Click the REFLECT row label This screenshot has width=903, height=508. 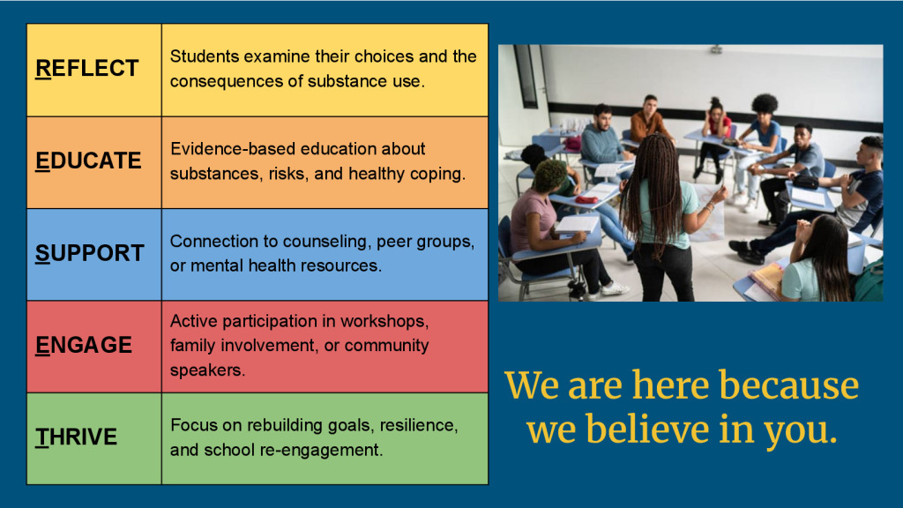(87, 69)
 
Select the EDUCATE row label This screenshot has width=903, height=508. (88, 161)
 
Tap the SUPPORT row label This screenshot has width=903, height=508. (89, 253)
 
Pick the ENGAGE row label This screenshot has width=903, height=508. (84, 345)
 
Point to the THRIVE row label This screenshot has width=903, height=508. (76, 437)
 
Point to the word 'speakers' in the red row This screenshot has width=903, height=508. (205, 370)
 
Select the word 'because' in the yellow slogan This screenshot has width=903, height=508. (788, 385)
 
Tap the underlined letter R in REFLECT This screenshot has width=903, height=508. (43, 69)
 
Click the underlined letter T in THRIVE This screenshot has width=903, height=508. (42, 437)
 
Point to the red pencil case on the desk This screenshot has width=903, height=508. (586, 199)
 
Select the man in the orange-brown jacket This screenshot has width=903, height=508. (649, 120)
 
